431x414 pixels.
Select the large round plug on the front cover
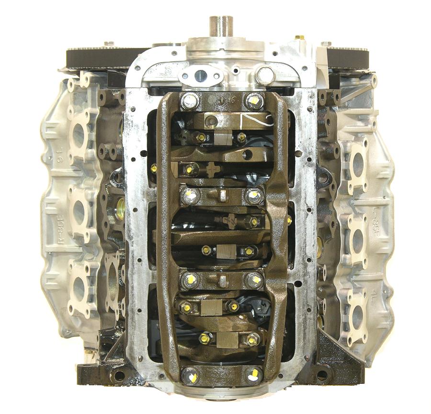click(264, 75)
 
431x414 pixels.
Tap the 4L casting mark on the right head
click(371, 299)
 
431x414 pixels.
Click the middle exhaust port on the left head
click(78, 211)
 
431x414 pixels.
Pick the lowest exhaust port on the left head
click(78, 290)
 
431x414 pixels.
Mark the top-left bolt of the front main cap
click(189, 101)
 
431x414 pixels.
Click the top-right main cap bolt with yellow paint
click(254, 101)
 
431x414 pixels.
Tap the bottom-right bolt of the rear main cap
click(254, 375)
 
